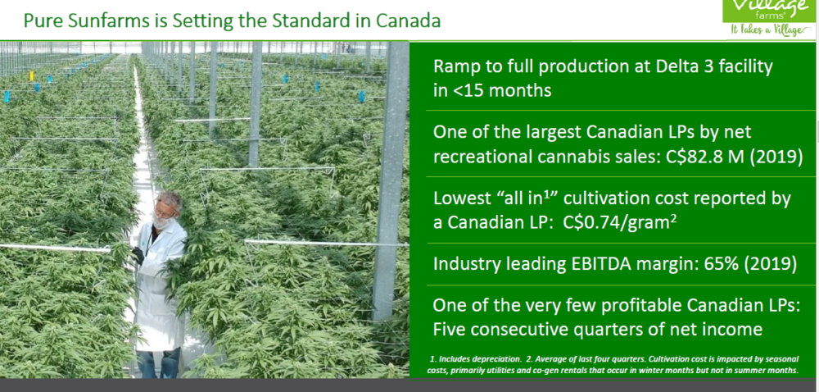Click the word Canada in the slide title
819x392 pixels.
click(x=408, y=21)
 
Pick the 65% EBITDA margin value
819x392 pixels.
click(x=722, y=264)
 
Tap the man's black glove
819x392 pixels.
click(x=138, y=255)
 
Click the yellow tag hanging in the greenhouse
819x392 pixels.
click(x=31, y=76)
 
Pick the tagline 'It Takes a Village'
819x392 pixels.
click(x=771, y=30)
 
